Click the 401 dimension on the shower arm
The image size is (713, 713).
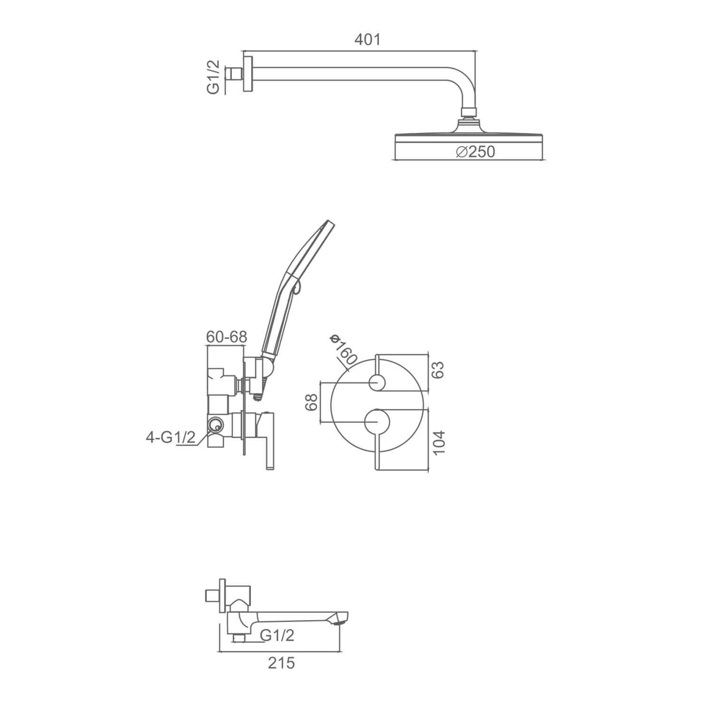coord(367,39)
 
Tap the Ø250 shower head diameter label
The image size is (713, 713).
coord(475,152)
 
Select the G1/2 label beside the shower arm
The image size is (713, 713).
coord(213,77)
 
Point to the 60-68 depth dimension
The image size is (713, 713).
coord(227,337)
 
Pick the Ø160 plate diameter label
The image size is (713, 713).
coord(343,349)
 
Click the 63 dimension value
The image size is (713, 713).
coord(438,370)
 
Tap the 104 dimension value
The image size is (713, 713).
coord(438,442)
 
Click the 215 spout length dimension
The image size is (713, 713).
coord(281,663)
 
